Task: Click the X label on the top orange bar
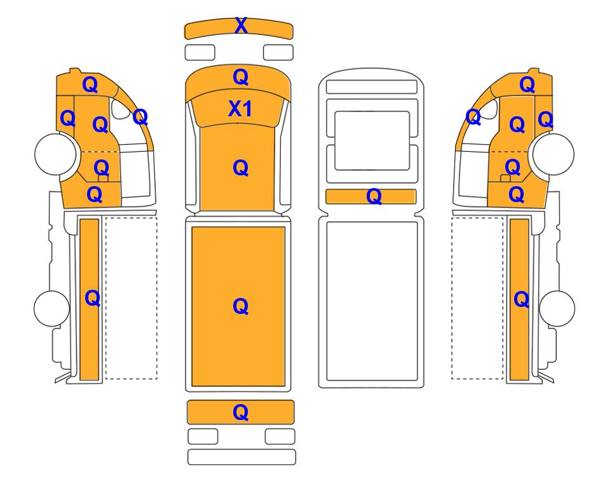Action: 241,26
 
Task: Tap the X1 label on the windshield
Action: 240,109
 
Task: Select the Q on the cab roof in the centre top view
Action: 241,77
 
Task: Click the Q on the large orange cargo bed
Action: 240,306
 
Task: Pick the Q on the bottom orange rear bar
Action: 240,412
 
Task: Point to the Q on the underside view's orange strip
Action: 374,196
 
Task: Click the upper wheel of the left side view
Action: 55,154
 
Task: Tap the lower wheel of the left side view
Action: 52,308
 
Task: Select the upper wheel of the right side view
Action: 554,154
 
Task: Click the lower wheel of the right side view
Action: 557,308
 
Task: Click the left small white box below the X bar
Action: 200,52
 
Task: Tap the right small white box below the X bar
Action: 278,52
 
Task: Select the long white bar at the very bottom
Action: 241,457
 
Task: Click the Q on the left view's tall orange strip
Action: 93,298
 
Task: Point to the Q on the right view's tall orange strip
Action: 522,299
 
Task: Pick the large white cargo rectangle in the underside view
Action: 372,301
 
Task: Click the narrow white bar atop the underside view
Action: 372,86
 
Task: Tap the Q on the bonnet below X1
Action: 240,168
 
